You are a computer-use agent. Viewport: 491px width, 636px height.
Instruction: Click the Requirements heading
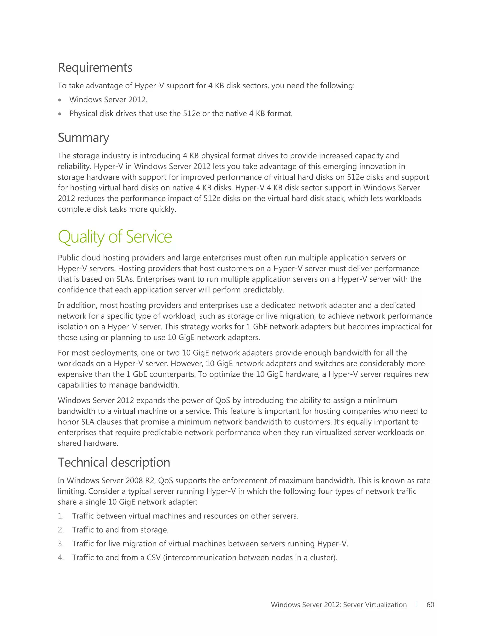click(95, 68)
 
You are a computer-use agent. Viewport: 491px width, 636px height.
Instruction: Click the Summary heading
click(83, 138)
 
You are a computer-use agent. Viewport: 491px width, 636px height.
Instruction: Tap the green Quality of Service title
click(115, 236)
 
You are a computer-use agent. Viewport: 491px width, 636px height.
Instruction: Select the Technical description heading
click(114, 462)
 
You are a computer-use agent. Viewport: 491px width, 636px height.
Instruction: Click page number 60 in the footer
click(430, 605)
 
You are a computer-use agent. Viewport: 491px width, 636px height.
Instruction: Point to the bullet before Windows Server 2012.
click(60, 100)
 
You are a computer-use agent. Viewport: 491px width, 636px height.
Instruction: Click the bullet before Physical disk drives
click(60, 114)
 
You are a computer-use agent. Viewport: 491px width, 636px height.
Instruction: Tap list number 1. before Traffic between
click(61, 516)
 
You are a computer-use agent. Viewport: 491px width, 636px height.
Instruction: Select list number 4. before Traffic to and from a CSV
click(61, 558)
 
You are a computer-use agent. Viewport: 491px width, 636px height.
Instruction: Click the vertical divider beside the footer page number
click(416, 604)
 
